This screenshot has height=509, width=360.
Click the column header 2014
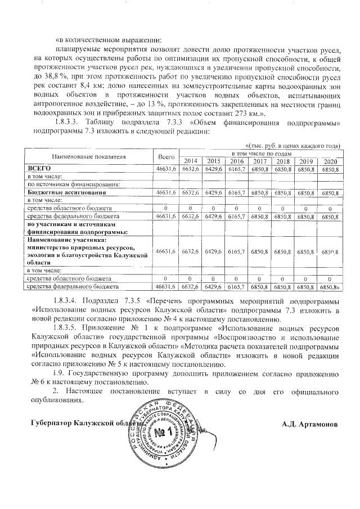(191, 161)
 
